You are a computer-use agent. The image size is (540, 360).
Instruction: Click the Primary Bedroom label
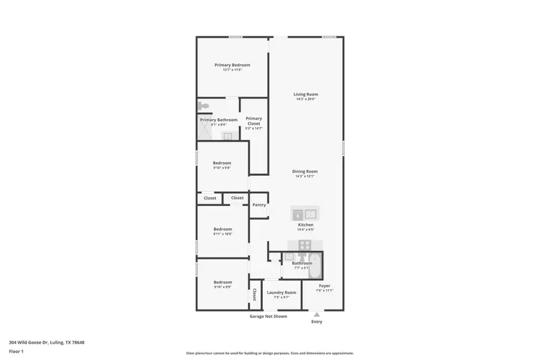click(232, 65)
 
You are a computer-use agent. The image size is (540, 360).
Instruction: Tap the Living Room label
click(305, 94)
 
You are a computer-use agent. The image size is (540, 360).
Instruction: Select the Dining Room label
click(305, 171)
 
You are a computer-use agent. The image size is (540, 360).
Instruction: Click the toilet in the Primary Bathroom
click(203, 106)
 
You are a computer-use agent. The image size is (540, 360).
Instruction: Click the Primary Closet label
click(254, 121)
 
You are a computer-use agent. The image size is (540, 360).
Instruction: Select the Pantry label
click(259, 205)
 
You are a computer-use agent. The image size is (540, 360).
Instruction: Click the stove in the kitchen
click(305, 245)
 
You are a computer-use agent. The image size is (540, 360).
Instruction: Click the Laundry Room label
click(281, 292)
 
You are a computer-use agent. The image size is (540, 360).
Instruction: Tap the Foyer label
click(325, 286)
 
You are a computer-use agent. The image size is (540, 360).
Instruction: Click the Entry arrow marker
click(317, 314)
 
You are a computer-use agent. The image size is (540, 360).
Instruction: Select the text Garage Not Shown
click(268, 316)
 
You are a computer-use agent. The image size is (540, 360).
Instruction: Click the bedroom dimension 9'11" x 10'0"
click(223, 234)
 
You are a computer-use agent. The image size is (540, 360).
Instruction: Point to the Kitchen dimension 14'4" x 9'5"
click(305, 229)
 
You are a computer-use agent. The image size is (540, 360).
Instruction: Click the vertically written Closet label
click(255, 295)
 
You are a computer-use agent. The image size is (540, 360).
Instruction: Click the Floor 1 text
click(16, 351)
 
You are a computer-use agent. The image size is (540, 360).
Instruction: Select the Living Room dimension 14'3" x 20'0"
click(305, 99)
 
